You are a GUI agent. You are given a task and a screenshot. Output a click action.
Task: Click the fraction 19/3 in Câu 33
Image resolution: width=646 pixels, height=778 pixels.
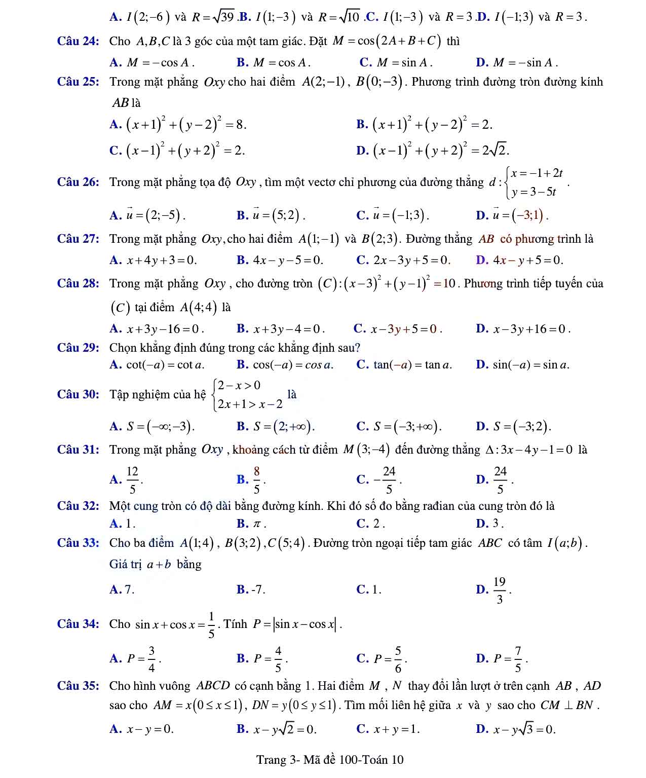click(499, 590)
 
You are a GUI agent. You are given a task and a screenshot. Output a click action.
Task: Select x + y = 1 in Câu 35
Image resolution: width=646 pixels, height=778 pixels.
click(396, 729)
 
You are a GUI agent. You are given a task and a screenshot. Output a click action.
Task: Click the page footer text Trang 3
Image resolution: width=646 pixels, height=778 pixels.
click(329, 759)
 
